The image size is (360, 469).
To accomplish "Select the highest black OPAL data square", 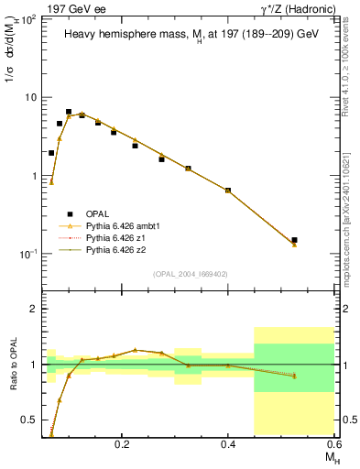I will (x=69, y=112).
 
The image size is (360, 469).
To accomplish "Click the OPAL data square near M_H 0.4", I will (x=228, y=191).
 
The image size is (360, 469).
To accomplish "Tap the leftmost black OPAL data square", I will (x=51, y=153).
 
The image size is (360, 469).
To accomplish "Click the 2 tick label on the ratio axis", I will (x=34, y=309).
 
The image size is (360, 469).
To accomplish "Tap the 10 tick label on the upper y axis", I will (x=30, y=97).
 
